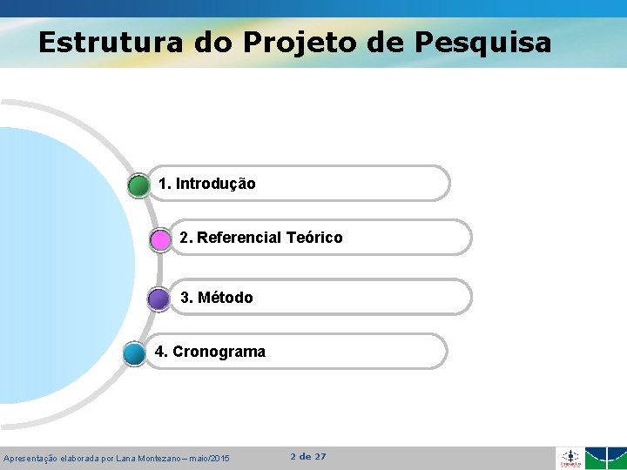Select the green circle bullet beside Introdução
138,185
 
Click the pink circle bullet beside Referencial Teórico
160,239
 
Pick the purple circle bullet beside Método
158,299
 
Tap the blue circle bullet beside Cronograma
134,353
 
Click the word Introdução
215,184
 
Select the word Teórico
314,238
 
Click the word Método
226,298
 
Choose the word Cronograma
219,352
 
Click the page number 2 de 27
308,456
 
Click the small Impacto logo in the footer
570,458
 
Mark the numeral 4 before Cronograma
159,352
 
